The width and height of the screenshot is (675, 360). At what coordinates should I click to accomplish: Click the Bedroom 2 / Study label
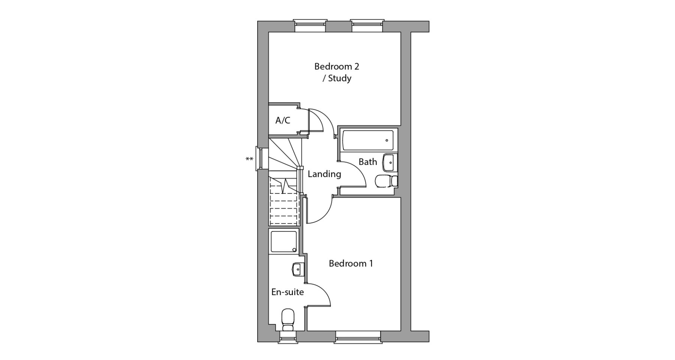[x=337, y=72]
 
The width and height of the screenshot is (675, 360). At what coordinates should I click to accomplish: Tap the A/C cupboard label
[x=283, y=120]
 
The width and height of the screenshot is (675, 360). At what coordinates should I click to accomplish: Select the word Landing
[x=324, y=174]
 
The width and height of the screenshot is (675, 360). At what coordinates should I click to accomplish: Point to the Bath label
[x=368, y=162]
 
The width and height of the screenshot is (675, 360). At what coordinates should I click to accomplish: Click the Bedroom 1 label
[x=351, y=263]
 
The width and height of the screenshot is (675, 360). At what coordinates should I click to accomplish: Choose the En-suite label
[x=288, y=292]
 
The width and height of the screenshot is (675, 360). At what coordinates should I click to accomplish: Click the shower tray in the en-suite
[x=284, y=241]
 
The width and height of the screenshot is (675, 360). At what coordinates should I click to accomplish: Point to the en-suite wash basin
[x=297, y=269]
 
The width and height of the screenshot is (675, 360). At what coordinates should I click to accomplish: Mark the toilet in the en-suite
[x=288, y=320]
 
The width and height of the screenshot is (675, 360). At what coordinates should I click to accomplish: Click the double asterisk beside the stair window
[x=249, y=159]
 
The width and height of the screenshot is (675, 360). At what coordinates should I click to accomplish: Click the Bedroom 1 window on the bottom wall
[x=358, y=337]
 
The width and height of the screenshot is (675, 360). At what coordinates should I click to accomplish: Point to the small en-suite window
[x=288, y=337]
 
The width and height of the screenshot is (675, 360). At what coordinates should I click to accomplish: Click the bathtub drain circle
[x=387, y=141]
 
